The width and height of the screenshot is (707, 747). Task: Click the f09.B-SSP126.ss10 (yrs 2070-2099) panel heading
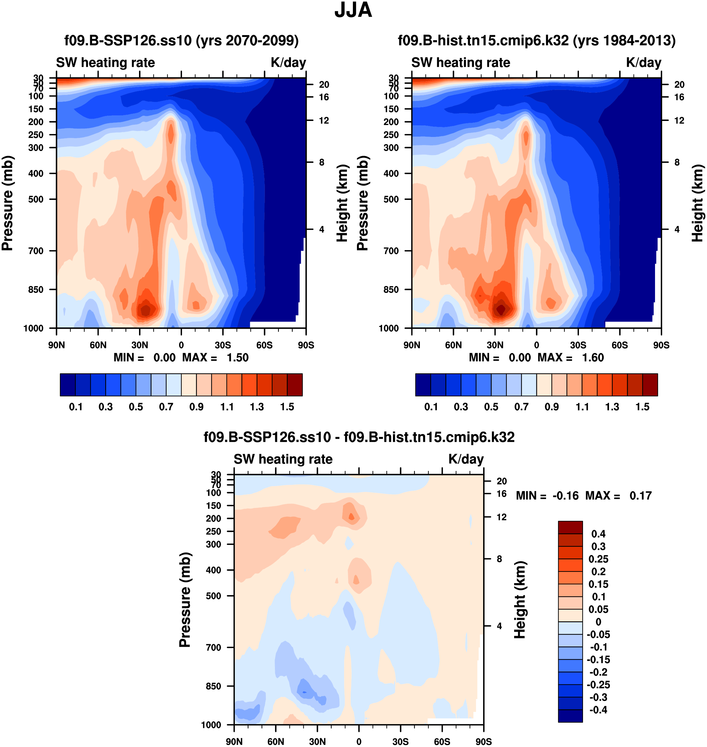click(x=181, y=40)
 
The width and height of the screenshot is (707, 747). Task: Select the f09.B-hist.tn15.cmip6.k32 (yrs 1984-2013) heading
click(x=537, y=40)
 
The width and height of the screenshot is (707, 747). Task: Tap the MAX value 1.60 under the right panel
click(x=593, y=358)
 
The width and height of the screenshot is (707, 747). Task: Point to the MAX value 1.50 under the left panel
click(x=237, y=358)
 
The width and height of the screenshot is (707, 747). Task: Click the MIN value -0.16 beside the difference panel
click(x=565, y=495)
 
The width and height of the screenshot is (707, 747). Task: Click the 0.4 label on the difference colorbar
click(x=598, y=534)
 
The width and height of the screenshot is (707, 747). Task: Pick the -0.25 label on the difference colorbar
click(x=598, y=685)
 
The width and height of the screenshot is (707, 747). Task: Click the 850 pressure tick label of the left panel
click(x=36, y=290)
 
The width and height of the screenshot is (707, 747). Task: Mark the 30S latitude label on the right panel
click(x=578, y=345)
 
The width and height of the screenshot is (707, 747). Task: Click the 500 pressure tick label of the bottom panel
click(x=214, y=596)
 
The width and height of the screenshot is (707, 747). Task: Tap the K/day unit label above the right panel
click(x=644, y=63)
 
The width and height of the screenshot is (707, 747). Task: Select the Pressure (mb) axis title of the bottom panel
click(x=185, y=599)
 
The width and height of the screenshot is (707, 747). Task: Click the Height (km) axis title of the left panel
click(x=342, y=204)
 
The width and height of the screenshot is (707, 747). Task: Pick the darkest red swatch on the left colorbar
click(x=295, y=385)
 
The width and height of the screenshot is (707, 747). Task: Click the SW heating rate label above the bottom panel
click(x=283, y=459)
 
